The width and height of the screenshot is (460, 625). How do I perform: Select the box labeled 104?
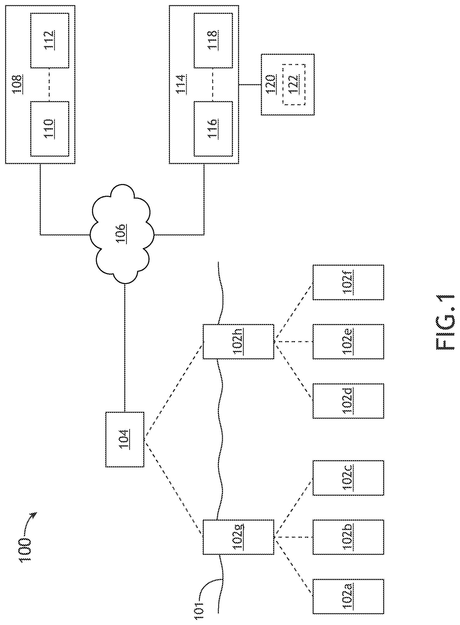[x=125, y=439]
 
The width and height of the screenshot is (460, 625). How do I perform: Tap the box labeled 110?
[x=49, y=129]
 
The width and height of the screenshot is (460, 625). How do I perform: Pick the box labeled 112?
[x=49, y=40]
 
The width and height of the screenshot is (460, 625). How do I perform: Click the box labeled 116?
[x=213, y=129]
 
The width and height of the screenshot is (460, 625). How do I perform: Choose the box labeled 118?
[x=213, y=40]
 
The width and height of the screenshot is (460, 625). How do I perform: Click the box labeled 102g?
[x=238, y=537]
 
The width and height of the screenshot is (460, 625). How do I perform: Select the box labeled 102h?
[x=238, y=341]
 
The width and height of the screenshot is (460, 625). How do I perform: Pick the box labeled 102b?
[x=348, y=537]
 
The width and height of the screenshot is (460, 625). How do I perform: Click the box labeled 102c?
[x=348, y=478]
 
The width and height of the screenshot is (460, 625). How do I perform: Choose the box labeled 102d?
[x=348, y=401]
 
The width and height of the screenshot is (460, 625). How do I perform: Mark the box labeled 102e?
[x=348, y=341]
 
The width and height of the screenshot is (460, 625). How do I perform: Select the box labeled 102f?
[x=348, y=283]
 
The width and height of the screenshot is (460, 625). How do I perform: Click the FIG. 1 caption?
[x=445, y=322]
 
